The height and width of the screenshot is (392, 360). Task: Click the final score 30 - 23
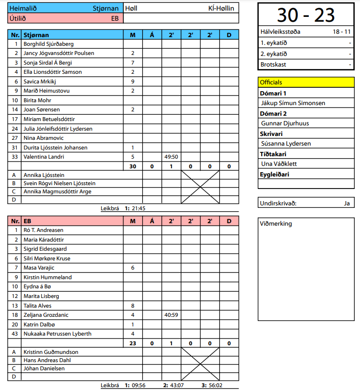tap(306, 15)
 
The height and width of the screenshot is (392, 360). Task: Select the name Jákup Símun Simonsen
tap(293, 103)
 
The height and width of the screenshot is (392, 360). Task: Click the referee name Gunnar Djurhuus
tap(285, 123)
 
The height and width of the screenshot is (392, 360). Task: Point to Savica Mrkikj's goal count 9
tap(133, 81)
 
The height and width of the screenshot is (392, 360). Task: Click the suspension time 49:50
tap(171, 157)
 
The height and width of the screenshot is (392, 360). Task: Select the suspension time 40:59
tap(171, 315)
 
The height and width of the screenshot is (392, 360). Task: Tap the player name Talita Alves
tap(38, 305)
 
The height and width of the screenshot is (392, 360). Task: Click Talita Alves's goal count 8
tap(133, 305)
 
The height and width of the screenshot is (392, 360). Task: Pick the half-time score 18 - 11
tap(342, 32)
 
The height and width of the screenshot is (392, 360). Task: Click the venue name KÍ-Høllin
tap(221, 8)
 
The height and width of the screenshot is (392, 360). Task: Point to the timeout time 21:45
tap(138, 208)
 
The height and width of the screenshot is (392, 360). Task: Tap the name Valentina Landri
tap(44, 157)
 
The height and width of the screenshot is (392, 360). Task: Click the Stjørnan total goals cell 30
tap(133, 166)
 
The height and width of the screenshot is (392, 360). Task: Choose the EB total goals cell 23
tap(133, 343)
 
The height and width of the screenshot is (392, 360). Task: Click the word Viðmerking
tap(276, 224)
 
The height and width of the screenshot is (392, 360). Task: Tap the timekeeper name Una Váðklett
tap(279, 163)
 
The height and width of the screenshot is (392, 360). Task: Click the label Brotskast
tap(273, 64)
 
